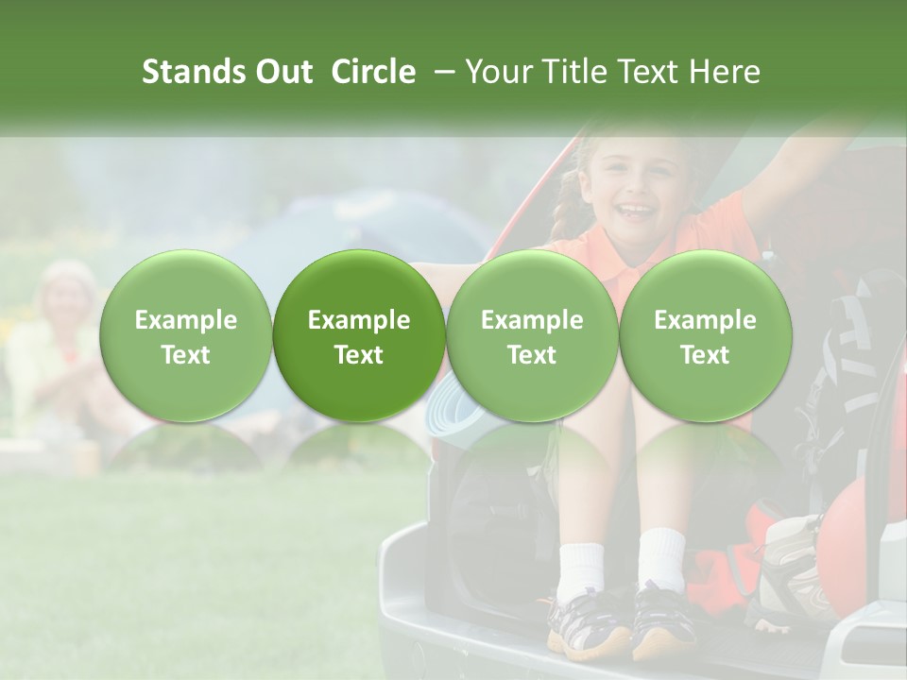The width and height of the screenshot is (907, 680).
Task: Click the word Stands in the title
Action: click(x=195, y=72)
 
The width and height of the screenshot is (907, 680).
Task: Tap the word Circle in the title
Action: click(x=373, y=72)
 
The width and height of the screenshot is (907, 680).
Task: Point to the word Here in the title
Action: click(x=726, y=72)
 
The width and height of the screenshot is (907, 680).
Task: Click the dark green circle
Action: click(x=359, y=336)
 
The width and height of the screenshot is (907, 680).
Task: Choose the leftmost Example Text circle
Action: click(x=186, y=336)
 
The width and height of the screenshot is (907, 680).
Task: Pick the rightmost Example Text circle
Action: click(x=706, y=336)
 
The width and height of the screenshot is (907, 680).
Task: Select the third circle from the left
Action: click(x=532, y=336)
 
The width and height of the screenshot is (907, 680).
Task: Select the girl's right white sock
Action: click(x=660, y=558)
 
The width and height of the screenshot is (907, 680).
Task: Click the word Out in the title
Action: click(x=283, y=72)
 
